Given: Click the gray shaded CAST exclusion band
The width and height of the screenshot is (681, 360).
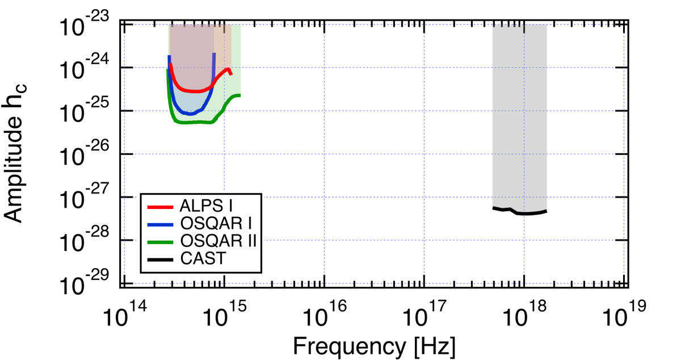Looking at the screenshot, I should coord(519,114).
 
